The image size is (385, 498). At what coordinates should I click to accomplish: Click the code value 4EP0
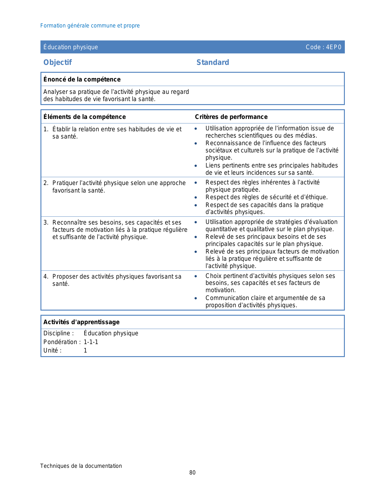(334, 47)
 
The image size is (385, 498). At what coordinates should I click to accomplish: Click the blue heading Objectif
(57, 62)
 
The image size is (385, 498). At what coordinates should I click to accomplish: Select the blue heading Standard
(213, 62)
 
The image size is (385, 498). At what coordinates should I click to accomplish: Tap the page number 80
(192, 473)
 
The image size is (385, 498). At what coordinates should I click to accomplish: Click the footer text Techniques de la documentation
(81, 466)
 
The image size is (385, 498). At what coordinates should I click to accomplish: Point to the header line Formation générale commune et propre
(90, 26)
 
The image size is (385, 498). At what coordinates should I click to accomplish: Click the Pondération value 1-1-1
(91, 342)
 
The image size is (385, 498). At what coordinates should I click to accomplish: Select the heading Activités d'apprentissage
(81, 322)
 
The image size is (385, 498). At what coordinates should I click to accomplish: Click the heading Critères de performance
(231, 117)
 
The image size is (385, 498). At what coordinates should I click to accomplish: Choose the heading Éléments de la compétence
(84, 117)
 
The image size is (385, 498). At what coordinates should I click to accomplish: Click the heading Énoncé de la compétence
(82, 79)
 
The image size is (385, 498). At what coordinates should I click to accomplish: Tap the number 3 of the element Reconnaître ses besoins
(45, 222)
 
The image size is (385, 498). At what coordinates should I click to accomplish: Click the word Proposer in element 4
(64, 276)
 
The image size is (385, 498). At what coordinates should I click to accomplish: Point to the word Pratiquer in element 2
(65, 183)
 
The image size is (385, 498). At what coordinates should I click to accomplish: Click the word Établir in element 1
(61, 129)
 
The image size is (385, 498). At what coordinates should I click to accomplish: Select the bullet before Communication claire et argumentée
(196, 298)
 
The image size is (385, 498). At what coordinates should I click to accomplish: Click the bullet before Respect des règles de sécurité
(196, 197)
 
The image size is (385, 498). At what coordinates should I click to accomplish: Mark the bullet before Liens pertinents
(196, 166)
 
